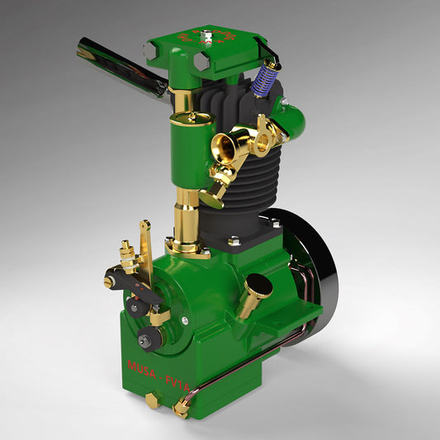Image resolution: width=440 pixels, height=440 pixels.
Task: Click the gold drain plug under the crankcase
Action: pyautogui.click(x=152, y=400)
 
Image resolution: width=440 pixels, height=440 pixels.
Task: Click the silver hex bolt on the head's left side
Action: pyautogui.click(x=149, y=51)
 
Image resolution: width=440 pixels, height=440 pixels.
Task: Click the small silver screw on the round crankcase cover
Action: pyautogui.click(x=185, y=320)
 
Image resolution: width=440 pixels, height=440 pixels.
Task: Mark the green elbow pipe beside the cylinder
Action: pyautogui.click(x=291, y=120)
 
